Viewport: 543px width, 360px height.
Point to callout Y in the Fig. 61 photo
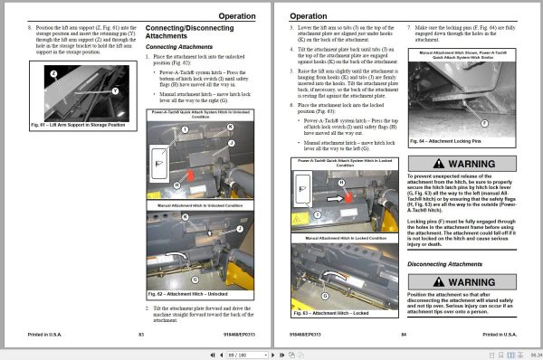coord(115,90)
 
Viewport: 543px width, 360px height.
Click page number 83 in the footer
coord(141,334)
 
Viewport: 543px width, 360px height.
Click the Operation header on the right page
coord(310,16)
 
